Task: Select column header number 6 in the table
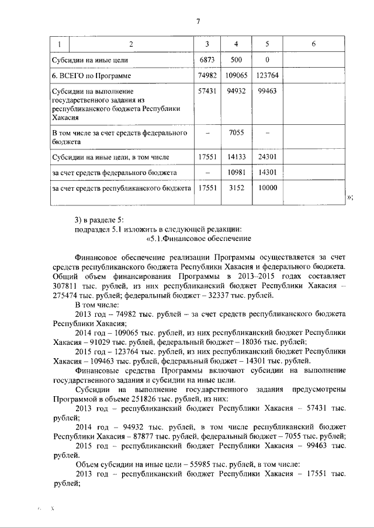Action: click(314, 44)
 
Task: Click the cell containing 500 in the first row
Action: click(236, 60)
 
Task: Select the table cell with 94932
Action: click(236, 92)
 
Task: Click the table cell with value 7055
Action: click(236, 134)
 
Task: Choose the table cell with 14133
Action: click(236, 156)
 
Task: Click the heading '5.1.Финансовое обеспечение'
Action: click(198, 238)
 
